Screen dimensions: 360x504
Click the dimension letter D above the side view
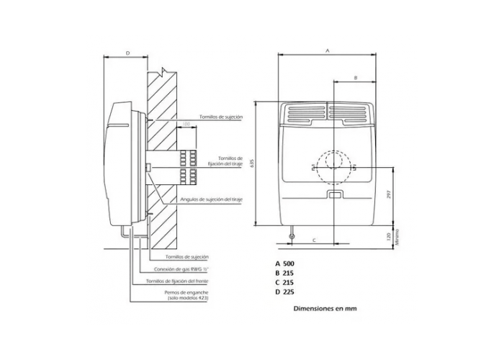pos(127,53)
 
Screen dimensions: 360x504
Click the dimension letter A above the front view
pos(328,51)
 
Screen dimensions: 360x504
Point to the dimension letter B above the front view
pos(355,76)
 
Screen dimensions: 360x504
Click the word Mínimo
pos(397,238)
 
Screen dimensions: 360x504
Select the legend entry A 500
pos(284,264)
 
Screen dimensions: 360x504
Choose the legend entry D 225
pos(284,292)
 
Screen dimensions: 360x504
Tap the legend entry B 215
pos(284,273)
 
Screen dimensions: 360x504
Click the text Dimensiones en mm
pos(325,308)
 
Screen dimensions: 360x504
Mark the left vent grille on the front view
pos(306,112)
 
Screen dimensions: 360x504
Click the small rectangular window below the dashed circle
pos(333,194)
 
